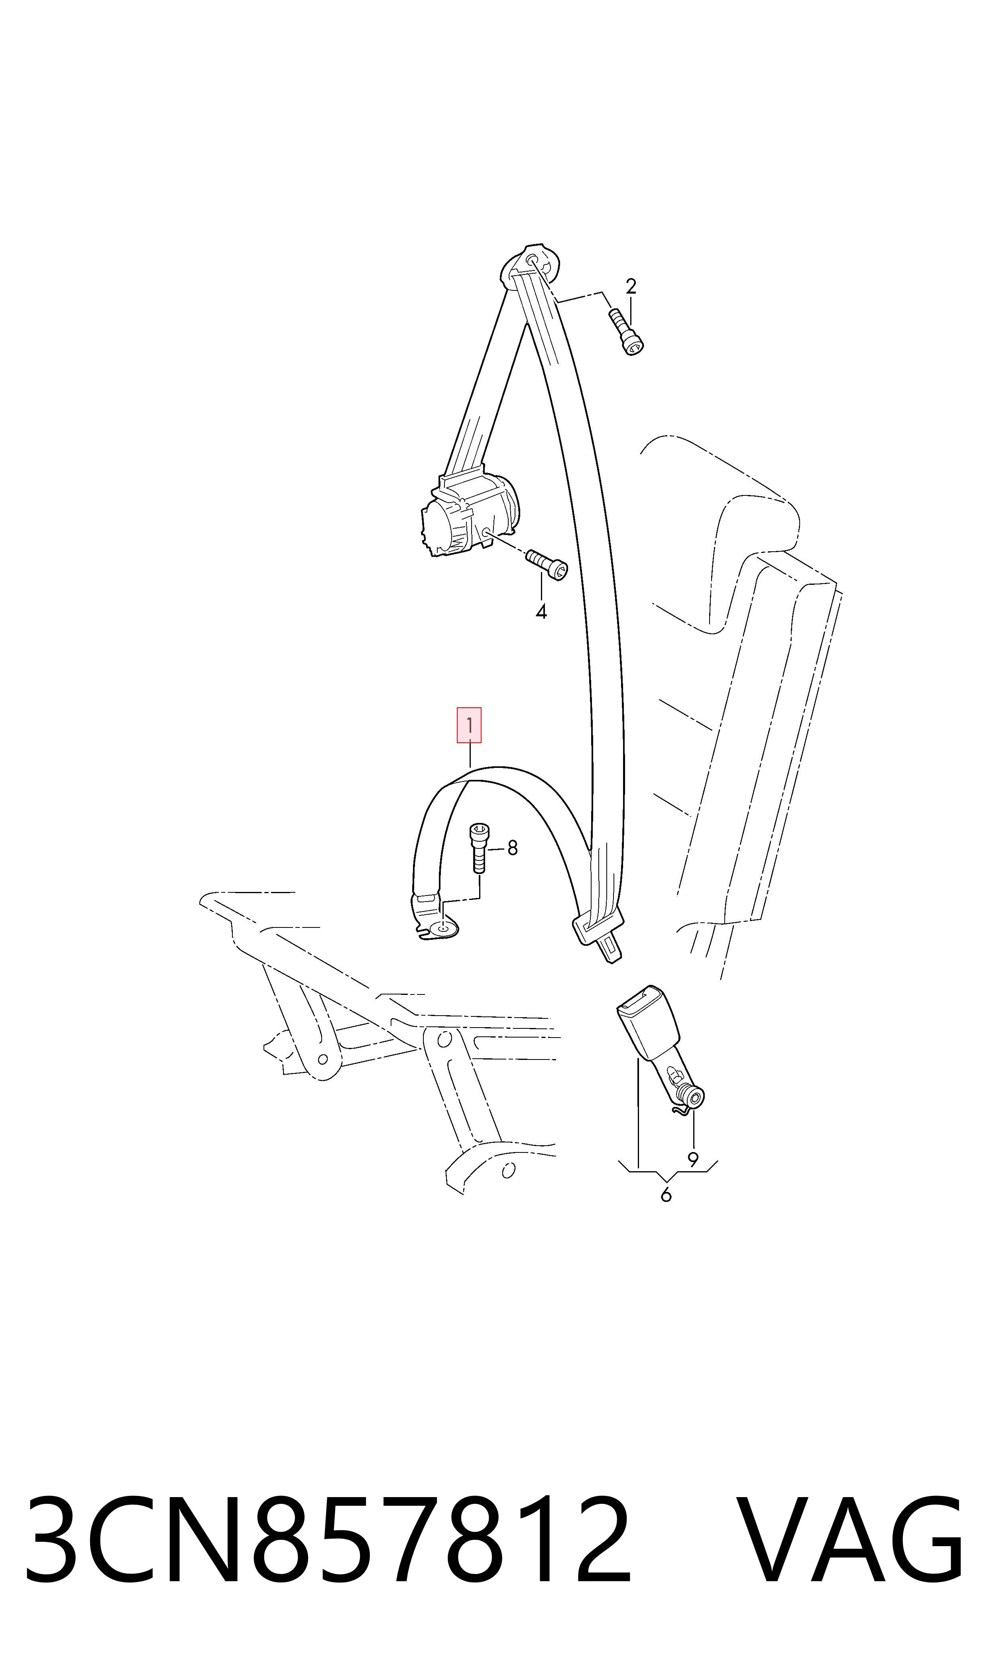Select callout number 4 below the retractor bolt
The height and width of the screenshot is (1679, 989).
pyautogui.click(x=541, y=612)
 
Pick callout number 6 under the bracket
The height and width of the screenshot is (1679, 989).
pyautogui.click(x=666, y=1195)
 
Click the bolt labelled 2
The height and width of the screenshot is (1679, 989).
pyautogui.click(x=627, y=331)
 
